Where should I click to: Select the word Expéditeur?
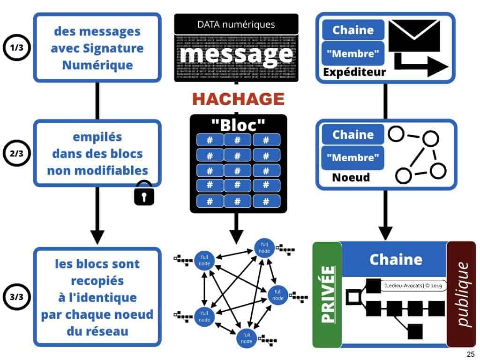[x=354, y=72]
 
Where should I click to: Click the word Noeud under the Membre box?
[x=351, y=178]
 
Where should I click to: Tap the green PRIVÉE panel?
[x=327, y=295]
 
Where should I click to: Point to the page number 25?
[x=470, y=354]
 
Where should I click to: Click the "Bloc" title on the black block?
[x=238, y=125]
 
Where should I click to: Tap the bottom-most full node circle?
[x=247, y=337]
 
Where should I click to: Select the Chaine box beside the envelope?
[x=353, y=30]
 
